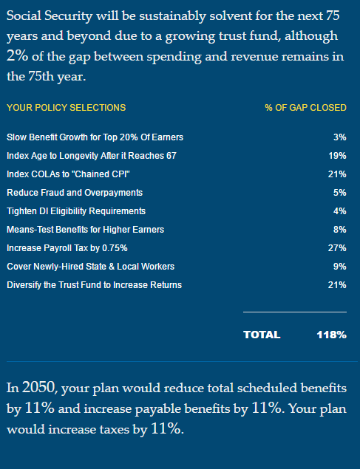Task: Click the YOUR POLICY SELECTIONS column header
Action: pyautogui.click(x=66, y=108)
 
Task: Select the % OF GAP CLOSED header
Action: pyautogui.click(x=305, y=108)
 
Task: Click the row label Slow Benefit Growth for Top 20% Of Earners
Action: pyautogui.click(x=95, y=137)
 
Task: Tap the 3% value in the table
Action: pyautogui.click(x=339, y=137)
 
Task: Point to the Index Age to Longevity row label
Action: pyautogui.click(x=91, y=156)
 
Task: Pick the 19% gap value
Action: pyautogui.click(x=337, y=156)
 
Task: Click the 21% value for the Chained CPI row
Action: pyautogui.click(x=337, y=174)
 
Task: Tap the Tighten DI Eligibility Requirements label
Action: pyautogui.click(x=79, y=211)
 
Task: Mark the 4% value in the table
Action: pyautogui.click(x=339, y=211)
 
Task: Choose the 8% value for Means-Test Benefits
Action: pyautogui.click(x=339, y=230)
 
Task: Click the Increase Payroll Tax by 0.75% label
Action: pyautogui.click(x=68, y=248)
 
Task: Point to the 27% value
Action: pyautogui.click(x=337, y=248)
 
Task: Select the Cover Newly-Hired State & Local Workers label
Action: pyautogui.click(x=90, y=267)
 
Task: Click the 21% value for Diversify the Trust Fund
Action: pyautogui.click(x=337, y=285)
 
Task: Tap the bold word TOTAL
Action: pyautogui.click(x=262, y=335)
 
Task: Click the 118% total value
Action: pyautogui.click(x=331, y=335)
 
